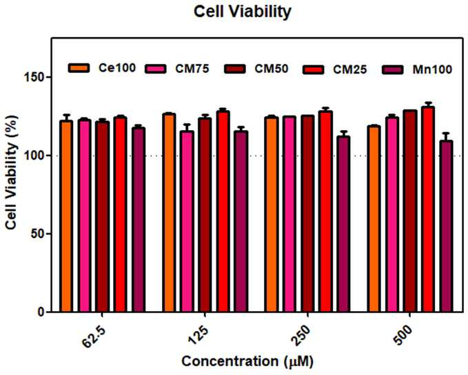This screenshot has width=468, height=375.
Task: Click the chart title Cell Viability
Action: click(x=243, y=12)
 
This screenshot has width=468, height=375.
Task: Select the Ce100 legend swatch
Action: click(x=79, y=68)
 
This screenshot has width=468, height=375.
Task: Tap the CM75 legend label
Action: click(x=192, y=69)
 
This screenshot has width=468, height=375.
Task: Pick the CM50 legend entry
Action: click(x=256, y=69)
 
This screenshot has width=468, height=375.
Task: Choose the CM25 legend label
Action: click(x=350, y=69)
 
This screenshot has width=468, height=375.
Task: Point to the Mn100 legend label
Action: click(x=432, y=69)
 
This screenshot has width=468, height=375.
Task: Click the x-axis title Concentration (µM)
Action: click(x=247, y=362)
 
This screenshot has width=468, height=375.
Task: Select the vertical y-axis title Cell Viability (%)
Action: click(x=11, y=172)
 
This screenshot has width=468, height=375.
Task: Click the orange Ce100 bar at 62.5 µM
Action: click(x=66, y=216)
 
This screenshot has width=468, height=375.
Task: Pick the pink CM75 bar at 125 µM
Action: click(x=187, y=222)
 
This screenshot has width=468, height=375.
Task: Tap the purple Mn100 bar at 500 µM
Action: click(x=446, y=226)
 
